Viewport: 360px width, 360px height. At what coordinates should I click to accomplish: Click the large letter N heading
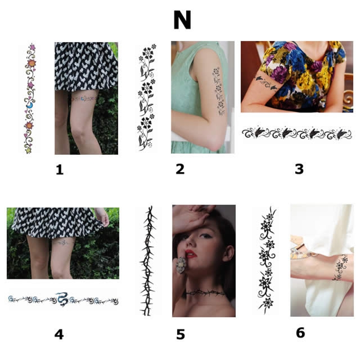coord(182,20)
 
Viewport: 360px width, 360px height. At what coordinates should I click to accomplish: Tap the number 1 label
coord(59,170)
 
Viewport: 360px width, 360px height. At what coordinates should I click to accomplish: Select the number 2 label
coord(180,169)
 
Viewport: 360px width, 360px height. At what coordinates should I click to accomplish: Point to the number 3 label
coord(299,169)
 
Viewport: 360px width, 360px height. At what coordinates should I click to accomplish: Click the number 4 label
coord(59,334)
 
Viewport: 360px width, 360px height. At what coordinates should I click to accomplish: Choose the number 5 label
coord(180,335)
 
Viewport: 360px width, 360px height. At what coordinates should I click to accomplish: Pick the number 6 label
coord(301,333)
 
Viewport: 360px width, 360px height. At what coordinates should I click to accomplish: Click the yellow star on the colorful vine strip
coord(28,150)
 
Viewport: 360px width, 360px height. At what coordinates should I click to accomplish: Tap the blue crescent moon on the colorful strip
coord(30,106)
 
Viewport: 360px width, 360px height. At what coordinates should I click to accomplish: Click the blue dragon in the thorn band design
coord(62,299)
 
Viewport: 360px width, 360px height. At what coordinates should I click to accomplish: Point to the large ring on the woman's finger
coord(181,265)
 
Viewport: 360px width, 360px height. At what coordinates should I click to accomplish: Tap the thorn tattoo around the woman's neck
coord(205,293)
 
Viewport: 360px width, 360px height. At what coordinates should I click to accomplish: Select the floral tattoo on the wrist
coord(341,268)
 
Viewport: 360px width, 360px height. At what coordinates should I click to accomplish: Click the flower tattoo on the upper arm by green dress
coord(218,91)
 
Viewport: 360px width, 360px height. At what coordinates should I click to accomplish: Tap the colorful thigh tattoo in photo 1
coord(84,99)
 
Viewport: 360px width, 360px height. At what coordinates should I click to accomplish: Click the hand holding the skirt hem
coord(102,216)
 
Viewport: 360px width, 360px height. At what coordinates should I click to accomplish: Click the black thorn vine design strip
coord(148,261)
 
